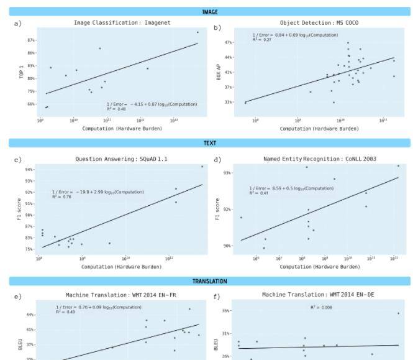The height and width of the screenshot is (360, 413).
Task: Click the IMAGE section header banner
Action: pos(210,12)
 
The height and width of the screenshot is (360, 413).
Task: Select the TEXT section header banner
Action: pos(210,143)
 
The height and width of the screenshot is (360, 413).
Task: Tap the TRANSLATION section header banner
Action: pos(210,281)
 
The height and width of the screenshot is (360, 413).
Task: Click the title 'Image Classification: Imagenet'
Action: pos(122,23)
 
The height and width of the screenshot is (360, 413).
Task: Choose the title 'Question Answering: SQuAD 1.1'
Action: pos(121,159)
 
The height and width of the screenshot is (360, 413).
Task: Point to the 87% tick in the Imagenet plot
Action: pos(31,40)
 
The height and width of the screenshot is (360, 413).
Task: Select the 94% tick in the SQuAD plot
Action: pos(29,169)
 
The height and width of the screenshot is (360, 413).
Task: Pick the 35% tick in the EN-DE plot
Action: pos(227,310)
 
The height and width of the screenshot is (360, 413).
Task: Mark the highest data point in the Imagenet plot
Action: pos(197,32)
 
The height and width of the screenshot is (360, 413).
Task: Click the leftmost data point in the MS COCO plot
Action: pos(245,103)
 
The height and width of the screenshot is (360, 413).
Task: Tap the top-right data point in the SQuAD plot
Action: pos(202,167)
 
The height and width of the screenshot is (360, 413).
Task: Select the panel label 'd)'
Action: pos(217,160)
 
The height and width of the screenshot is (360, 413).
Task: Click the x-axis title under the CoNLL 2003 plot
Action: pos(319,267)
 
